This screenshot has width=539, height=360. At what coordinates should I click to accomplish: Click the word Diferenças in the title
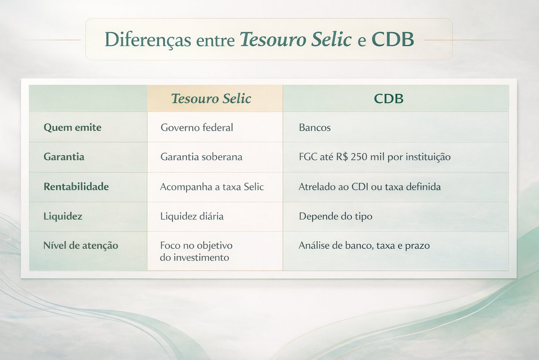point(147,40)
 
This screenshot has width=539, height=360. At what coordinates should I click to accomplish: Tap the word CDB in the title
point(393,40)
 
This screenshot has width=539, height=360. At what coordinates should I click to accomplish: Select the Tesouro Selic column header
point(211,99)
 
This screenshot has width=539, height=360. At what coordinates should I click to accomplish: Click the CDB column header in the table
point(389,99)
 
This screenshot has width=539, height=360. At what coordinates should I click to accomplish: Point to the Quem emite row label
point(72,127)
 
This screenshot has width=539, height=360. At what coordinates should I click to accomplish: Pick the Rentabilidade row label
point(76,187)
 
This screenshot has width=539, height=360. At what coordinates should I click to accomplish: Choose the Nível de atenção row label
point(80,245)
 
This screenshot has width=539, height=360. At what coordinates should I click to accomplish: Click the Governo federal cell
point(197,127)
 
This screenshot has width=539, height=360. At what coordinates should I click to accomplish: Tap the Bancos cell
point(314,128)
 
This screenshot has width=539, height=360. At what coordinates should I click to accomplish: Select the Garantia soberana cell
point(201,157)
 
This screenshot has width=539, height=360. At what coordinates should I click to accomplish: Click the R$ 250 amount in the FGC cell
point(351,157)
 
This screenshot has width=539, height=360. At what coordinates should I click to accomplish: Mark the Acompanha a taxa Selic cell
point(212,187)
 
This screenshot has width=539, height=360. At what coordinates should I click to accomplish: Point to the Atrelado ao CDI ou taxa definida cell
point(369,187)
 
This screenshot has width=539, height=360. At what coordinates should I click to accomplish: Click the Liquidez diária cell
point(192,216)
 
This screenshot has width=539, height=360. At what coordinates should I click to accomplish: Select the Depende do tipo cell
point(335,216)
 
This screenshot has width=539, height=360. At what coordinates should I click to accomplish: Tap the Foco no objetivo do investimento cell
point(196,251)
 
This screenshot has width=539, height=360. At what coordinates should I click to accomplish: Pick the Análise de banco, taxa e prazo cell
point(364,245)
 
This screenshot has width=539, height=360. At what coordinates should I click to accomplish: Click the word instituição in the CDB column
point(428,157)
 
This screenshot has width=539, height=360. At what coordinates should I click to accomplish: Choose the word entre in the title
point(215,40)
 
